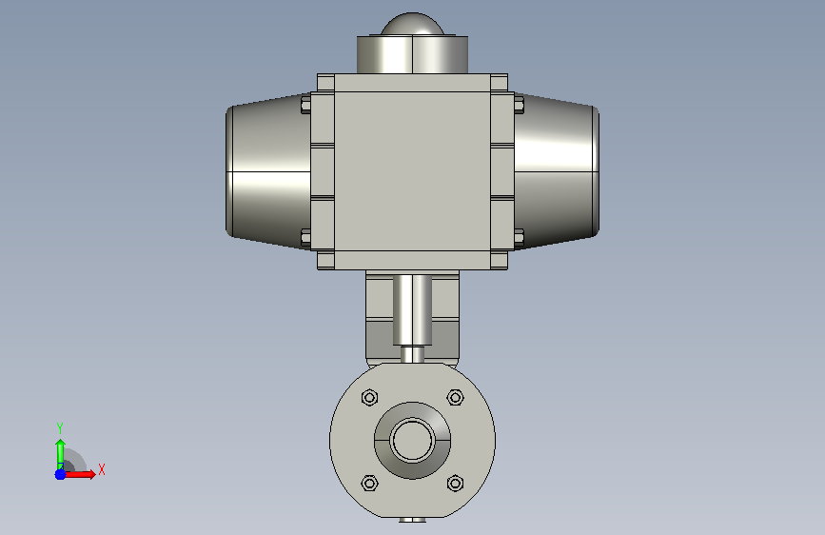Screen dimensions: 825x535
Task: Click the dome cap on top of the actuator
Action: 413,24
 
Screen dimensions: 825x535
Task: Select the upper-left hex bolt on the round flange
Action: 370,397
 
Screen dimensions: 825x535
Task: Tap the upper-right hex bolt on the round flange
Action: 455,397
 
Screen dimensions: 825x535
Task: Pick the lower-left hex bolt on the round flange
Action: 370,483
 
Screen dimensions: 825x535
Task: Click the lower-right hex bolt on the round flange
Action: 455,483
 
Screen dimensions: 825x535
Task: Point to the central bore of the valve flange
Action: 413,440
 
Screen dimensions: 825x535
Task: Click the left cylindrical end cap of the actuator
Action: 268,171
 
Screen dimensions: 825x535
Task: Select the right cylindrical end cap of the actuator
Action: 557,171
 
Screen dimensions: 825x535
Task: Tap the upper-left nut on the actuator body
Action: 305,105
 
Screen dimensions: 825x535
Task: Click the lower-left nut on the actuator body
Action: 305,238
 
